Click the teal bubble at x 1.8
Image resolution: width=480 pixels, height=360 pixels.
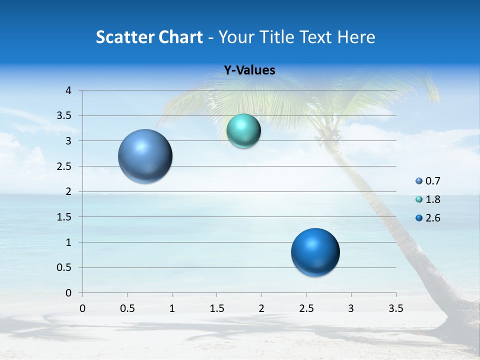tap(243, 131)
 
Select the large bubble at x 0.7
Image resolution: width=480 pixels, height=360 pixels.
tap(145, 156)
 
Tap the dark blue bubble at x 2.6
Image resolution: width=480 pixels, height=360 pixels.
tap(315, 252)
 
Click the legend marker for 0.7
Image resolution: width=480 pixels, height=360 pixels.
tap(419, 181)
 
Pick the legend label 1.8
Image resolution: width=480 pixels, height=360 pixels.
tap(432, 199)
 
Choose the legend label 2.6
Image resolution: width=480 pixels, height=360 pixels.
tap(432, 218)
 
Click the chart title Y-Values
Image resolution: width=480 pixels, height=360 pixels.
tap(249, 70)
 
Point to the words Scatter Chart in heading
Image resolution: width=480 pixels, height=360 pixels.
tap(149, 37)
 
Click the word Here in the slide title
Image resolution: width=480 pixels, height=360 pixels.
tap(355, 37)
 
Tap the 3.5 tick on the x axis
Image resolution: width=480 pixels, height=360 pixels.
tap(395, 308)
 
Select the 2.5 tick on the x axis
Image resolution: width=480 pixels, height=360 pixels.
tap(306, 308)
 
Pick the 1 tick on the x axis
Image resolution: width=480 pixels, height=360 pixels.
tap(172, 308)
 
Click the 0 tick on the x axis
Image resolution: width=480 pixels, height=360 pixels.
tap(82, 308)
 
